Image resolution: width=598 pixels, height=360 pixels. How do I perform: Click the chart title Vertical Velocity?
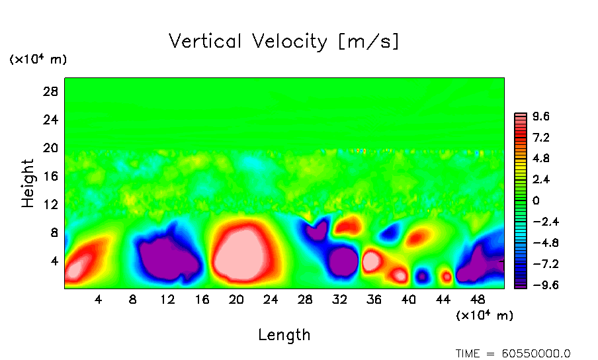point(284,42)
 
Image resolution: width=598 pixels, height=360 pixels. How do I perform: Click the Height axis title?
point(28,183)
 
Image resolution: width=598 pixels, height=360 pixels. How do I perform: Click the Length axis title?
point(284,335)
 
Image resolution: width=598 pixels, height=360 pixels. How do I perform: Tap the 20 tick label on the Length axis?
point(236,299)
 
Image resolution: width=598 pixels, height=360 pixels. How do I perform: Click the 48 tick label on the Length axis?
point(477,299)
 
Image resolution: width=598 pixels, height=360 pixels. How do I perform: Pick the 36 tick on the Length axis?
point(374,299)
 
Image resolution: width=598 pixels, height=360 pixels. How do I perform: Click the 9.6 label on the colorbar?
point(541,117)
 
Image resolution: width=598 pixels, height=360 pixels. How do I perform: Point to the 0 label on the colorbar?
point(536,201)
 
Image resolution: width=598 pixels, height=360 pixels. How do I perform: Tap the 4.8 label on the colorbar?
point(541,159)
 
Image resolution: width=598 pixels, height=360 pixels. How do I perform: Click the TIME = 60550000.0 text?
point(513,353)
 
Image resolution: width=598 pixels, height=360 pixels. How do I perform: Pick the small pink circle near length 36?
point(371,261)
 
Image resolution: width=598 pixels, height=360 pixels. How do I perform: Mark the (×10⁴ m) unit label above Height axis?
point(38,60)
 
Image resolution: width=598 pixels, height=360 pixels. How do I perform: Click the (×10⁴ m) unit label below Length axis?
point(484,316)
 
